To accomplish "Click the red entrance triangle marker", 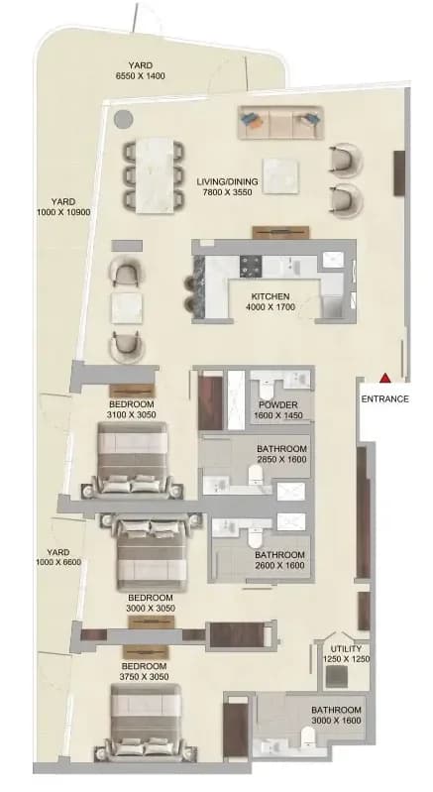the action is click(x=385, y=378).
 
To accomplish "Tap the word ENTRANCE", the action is click(x=385, y=398).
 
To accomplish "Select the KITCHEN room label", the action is click(x=271, y=296).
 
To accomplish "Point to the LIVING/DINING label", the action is click(x=227, y=181).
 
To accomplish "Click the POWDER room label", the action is click(x=278, y=405).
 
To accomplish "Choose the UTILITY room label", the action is click(x=346, y=649).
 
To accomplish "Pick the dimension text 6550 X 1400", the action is click(x=141, y=75).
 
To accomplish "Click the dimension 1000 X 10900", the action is click(x=63, y=213).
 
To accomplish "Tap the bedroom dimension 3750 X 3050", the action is click(x=145, y=677).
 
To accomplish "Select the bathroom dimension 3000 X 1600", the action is click(x=336, y=721).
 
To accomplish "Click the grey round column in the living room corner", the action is click(x=123, y=119).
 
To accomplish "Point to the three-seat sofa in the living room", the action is click(x=280, y=122).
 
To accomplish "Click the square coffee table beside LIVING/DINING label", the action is click(x=279, y=175).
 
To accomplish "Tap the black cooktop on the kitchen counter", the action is click(x=251, y=266).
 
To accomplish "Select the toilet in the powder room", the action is click(x=267, y=391).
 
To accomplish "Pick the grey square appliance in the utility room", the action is click(x=336, y=677).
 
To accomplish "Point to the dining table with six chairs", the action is click(x=154, y=174).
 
